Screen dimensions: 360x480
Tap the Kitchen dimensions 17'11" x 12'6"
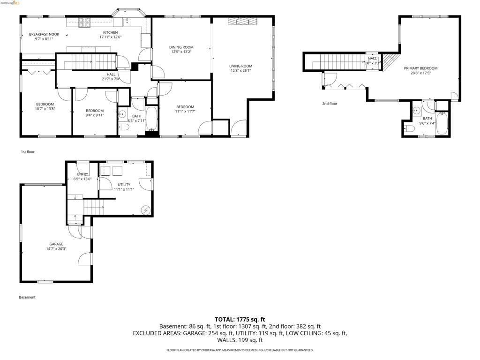(x=110, y=37)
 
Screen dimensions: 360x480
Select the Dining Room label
(x=181, y=47)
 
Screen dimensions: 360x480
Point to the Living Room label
(x=240, y=66)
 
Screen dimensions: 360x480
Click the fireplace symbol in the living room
(x=242, y=21)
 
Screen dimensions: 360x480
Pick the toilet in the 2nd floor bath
(x=410, y=128)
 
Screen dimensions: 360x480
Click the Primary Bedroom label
(x=420, y=68)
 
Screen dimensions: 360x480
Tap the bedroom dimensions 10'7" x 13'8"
(x=45, y=109)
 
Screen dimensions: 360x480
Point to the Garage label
(x=56, y=244)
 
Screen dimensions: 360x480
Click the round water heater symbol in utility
(x=146, y=210)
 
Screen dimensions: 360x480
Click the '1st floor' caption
(x=28, y=152)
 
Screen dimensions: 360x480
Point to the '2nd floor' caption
(x=330, y=104)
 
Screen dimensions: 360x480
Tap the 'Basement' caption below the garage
(x=27, y=297)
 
